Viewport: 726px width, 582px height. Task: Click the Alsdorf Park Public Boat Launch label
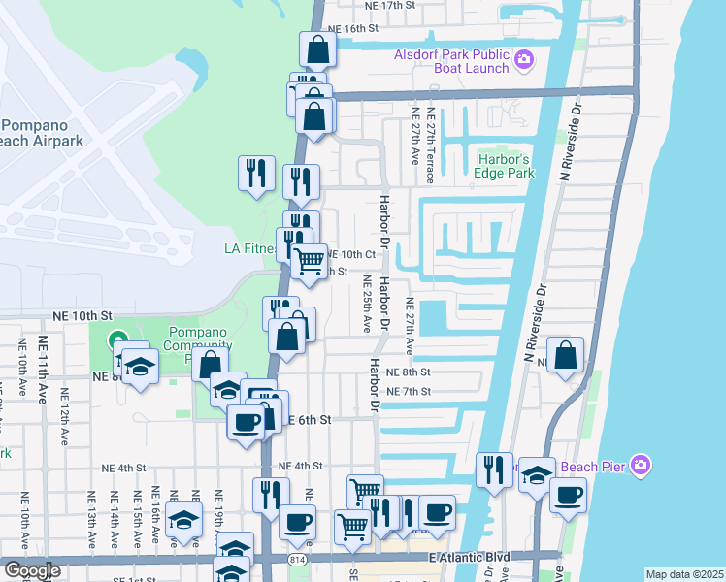[451, 61]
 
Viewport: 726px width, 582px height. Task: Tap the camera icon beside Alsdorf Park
[524, 61]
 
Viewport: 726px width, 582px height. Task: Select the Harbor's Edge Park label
[506, 166]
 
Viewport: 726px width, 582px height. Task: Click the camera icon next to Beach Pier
[640, 466]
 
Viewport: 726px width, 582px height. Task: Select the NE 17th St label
[389, 5]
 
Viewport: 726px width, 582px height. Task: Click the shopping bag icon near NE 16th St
[317, 48]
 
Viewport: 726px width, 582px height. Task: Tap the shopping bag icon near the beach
[566, 354]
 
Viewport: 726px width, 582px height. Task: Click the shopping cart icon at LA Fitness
[310, 259]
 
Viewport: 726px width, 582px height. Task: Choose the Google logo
[32, 570]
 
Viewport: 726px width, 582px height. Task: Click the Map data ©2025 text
[684, 574]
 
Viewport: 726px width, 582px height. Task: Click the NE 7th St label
[408, 391]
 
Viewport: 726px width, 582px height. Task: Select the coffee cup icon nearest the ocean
[568, 495]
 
